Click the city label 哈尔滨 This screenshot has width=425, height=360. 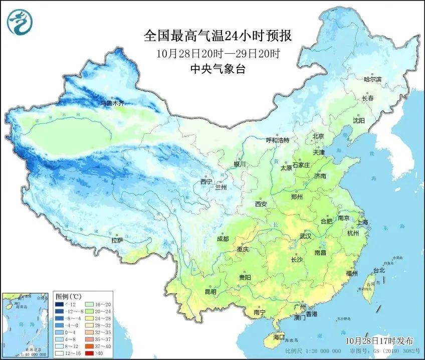click(372, 79)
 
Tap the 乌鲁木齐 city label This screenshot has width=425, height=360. click(111, 103)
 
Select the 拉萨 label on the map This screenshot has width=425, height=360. click(117, 240)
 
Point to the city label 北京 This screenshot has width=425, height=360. click(319, 136)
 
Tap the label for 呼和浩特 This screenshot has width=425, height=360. click(277, 140)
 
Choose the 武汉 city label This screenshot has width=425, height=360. click(305, 236)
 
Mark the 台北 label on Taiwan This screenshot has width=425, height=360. click(379, 270)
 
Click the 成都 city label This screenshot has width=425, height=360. click(223, 239)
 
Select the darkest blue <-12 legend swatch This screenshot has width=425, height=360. click(60, 304)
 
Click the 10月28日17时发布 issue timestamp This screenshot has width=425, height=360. click(379, 340)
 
